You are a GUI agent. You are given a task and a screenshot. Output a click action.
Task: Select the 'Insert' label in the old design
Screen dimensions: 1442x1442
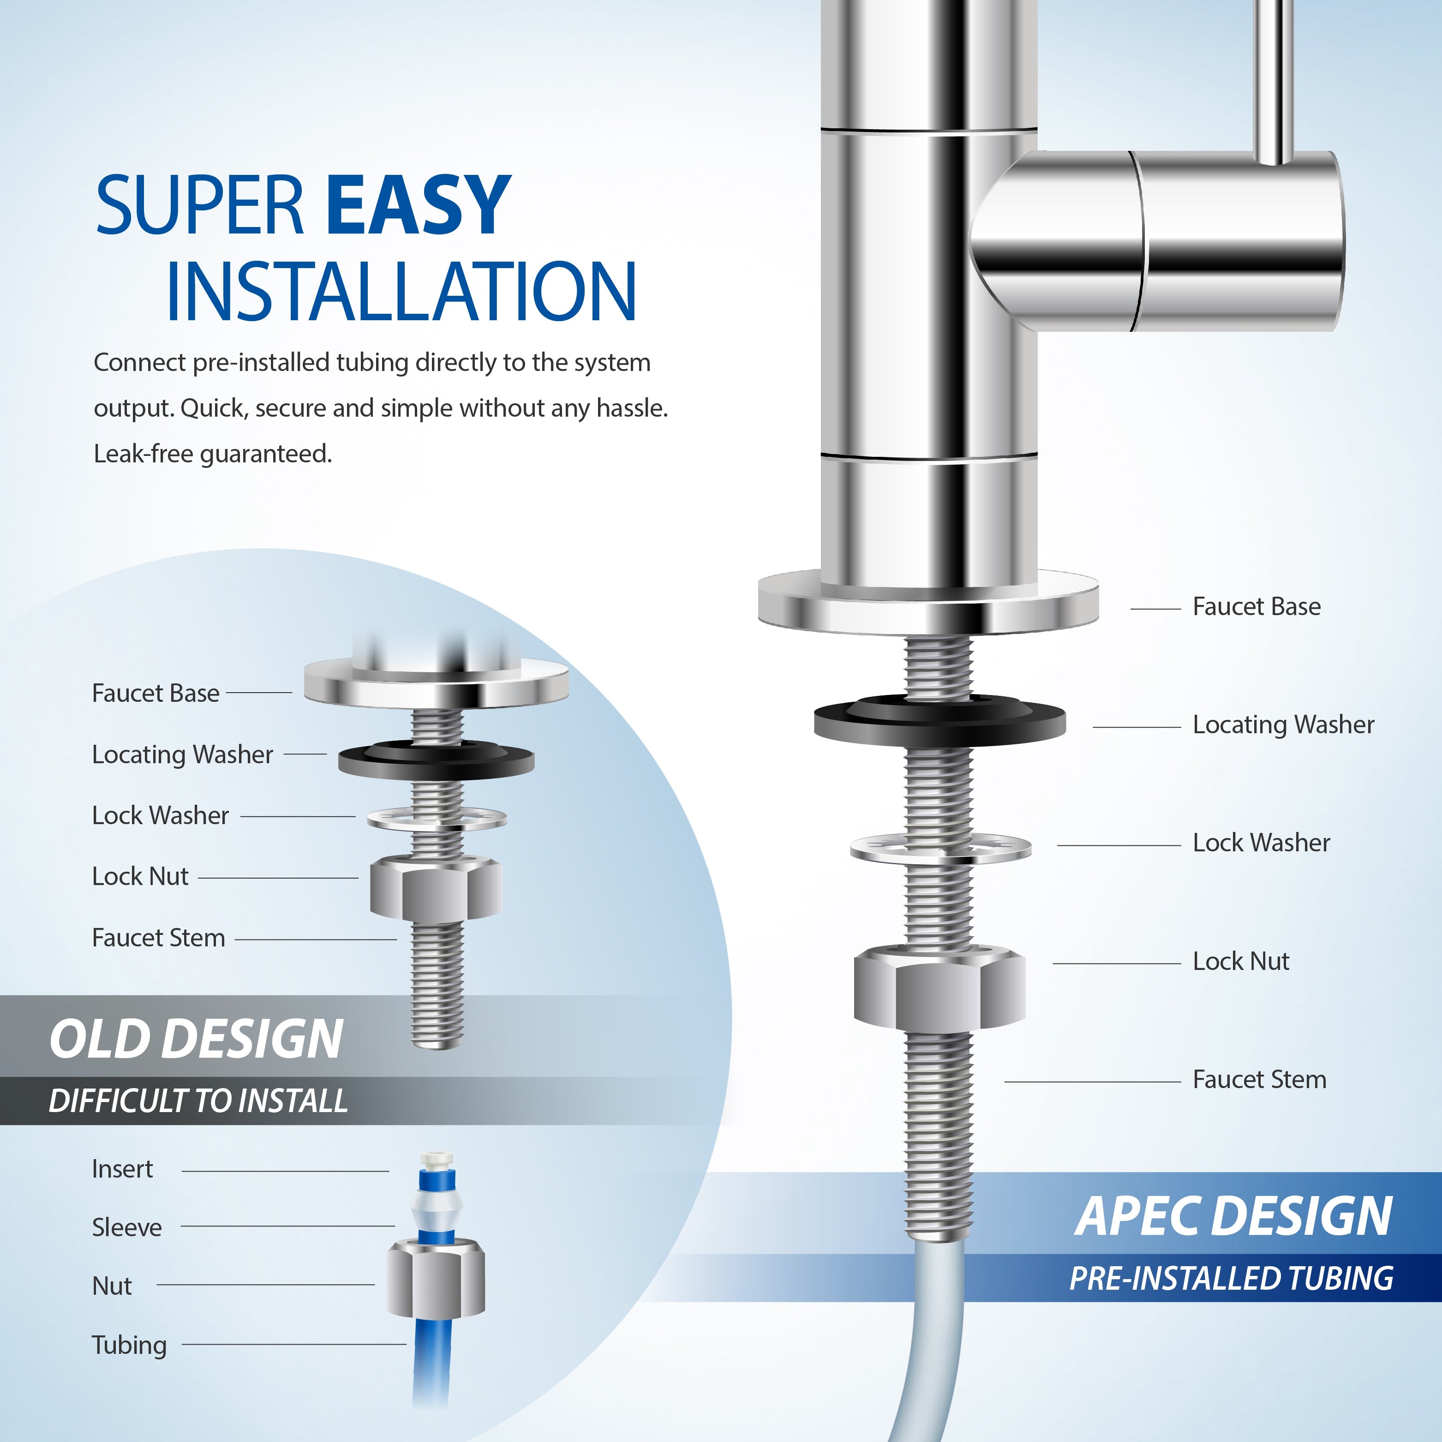click(122, 1169)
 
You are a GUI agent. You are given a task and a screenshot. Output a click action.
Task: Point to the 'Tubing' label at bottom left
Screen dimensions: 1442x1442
click(129, 1345)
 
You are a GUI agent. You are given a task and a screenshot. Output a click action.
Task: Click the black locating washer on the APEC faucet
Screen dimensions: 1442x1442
click(939, 723)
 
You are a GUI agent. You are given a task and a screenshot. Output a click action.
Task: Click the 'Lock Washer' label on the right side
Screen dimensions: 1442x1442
click(1261, 843)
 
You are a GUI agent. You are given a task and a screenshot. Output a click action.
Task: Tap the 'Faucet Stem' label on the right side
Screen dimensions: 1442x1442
click(1259, 1079)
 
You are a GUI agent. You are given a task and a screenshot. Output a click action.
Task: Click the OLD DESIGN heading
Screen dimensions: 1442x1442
click(196, 1039)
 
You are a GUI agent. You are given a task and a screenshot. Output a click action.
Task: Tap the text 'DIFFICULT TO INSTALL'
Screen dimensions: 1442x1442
click(198, 1101)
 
